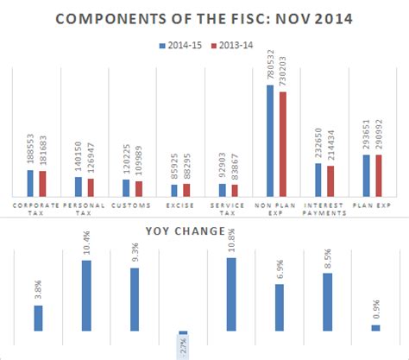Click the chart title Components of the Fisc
204,18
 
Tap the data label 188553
31,151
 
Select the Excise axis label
181,205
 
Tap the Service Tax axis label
229,209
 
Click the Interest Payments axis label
325,209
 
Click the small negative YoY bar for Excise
183,332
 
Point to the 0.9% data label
376,307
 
